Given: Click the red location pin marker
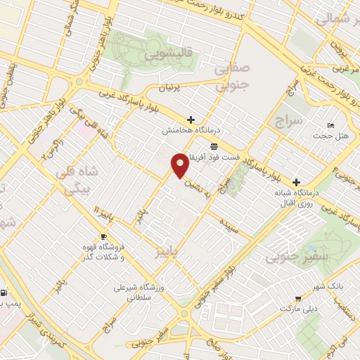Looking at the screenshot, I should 180,166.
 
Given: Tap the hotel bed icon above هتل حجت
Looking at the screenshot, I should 330,125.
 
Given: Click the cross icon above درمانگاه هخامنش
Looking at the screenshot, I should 190,120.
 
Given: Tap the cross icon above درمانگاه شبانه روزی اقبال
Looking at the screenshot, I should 296,181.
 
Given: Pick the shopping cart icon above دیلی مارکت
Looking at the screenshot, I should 299,298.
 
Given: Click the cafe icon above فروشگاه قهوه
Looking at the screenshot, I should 103,236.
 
